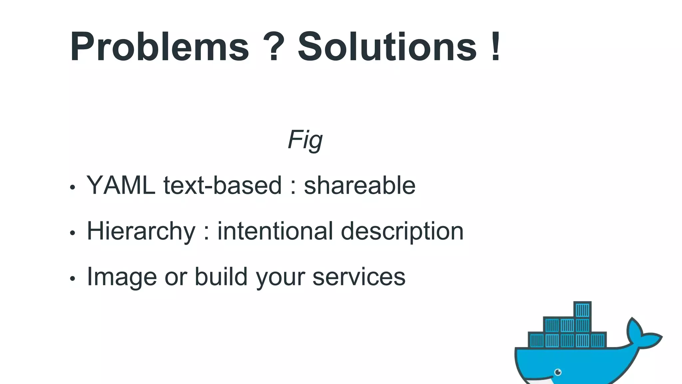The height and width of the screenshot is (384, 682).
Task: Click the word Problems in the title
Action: (x=160, y=47)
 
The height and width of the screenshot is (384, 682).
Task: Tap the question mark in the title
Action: (x=273, y=47)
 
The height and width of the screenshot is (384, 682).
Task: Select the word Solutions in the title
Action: (x=387, y=47)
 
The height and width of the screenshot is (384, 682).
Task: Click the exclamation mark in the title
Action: (x=496, y=47)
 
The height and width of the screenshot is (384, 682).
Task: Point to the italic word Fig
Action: (x=305, y=140)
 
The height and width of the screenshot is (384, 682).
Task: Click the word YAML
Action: (x=121, y=185)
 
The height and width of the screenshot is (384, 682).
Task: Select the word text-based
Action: (x=222, y=185)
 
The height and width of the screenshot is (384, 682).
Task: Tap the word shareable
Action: (x=360, y=185)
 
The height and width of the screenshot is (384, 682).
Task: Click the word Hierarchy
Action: (x=141, y=232)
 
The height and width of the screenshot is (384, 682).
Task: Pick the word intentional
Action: (x=275, y=231)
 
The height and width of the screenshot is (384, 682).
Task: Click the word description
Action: (x=402, y=232)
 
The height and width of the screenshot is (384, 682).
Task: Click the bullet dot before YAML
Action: (x=73, y=187)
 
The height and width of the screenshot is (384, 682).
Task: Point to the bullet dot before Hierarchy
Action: (x=73, y=233)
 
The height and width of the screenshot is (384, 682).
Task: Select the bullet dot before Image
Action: (x=73, y=279)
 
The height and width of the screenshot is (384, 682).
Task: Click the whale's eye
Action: (x=558, y=372)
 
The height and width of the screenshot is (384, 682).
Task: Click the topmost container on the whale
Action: (x=582, y=310)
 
